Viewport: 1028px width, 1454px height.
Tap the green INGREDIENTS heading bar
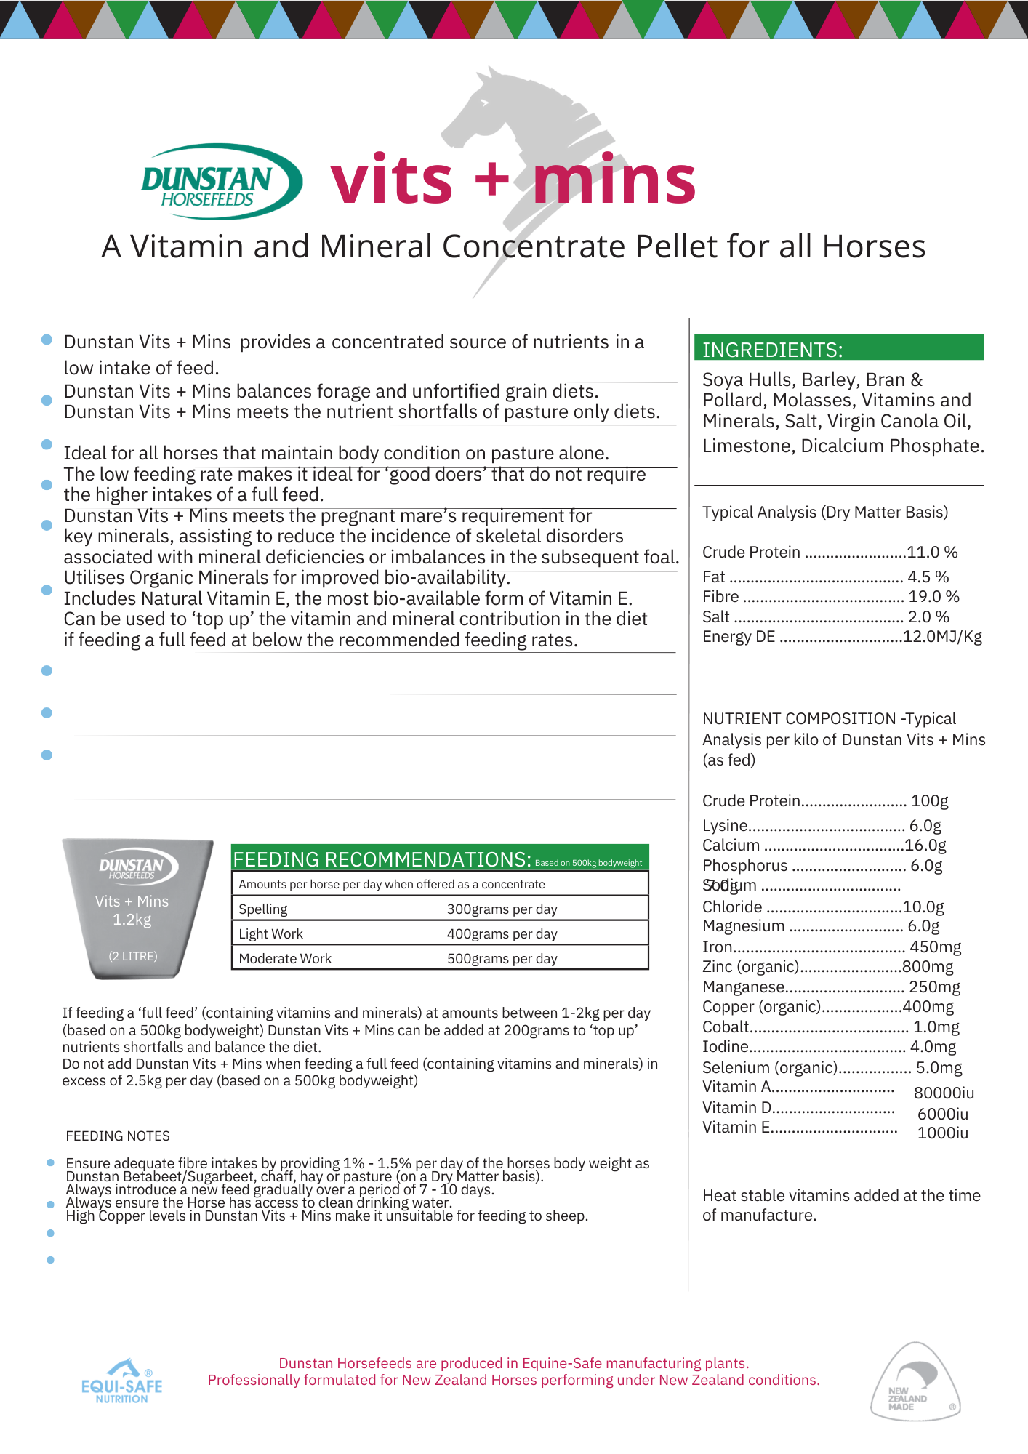(x=838, y=348)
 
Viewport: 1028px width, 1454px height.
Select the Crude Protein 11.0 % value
(x=932, y=553)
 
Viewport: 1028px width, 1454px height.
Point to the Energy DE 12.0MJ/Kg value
(x=942, y=637)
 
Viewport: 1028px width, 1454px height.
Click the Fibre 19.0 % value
(x=933, y=597)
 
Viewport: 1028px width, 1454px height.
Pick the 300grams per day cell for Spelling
(x=502, y=909)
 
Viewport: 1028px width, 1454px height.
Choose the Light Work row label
(x=270, y=934)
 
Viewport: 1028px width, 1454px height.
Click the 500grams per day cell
(x=502, y=959)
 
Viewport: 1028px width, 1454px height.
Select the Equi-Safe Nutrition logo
(x=122, y=1382)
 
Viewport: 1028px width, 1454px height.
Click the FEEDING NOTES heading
(x=118, y=1136)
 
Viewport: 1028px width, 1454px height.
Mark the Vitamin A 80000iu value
(x=944, y=1093)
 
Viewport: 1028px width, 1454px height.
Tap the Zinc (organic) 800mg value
(x=928, y=967)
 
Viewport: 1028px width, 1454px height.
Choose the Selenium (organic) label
(x=770, y=1068)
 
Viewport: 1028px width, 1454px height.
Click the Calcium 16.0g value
(x=925, y=846)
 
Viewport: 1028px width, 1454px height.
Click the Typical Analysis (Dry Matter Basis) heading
(x=825, y=513)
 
